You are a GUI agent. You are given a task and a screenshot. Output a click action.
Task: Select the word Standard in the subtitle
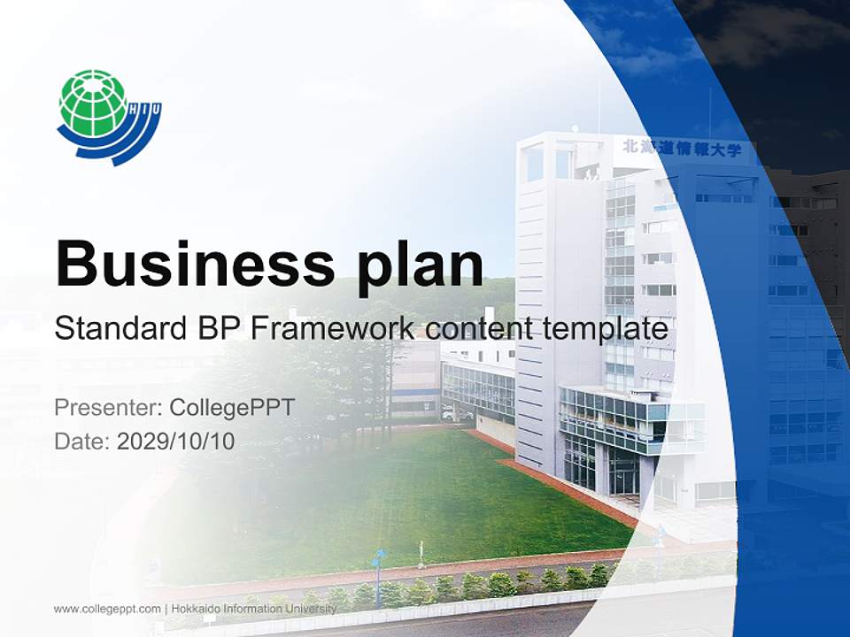[x=114, y=329]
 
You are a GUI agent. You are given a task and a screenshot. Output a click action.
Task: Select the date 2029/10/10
[x=175, y=441]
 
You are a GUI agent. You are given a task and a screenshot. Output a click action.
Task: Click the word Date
[x=81, y=441]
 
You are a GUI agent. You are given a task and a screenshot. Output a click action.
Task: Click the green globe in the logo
[x=92, y=104]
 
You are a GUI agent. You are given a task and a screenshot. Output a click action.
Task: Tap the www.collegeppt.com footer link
[x=107, y=609]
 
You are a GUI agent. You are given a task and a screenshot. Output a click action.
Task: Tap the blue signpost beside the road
[x=378, y=563]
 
